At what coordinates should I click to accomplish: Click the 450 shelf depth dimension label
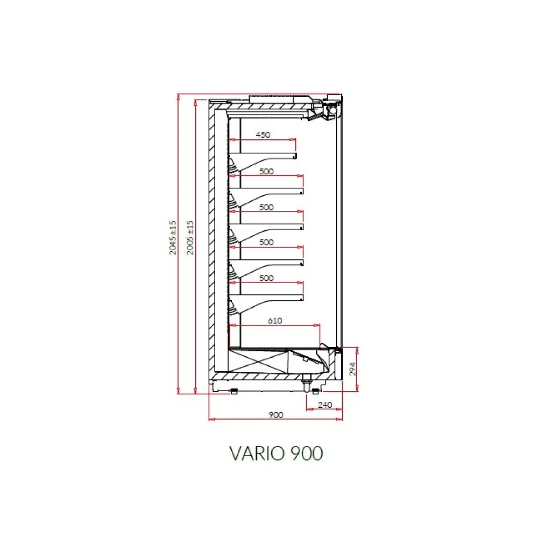[x=262, y=135]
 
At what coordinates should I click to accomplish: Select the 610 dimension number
[x=274, y=321]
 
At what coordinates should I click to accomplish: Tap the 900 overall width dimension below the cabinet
[x=275, y=414]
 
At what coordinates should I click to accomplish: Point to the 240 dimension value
[x=324, y=405]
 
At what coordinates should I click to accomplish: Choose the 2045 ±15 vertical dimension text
[x=172, y=237]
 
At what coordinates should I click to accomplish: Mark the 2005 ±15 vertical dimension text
[x=189, y=237]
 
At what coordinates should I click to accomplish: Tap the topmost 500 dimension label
[x=266, y=172]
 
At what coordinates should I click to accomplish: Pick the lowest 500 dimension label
[x=266, y=278]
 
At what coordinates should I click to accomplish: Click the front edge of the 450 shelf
[x=295, y=156]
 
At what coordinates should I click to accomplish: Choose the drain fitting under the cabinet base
[x=307, y=383]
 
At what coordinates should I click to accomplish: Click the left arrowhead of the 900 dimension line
[x=210, y=419]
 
